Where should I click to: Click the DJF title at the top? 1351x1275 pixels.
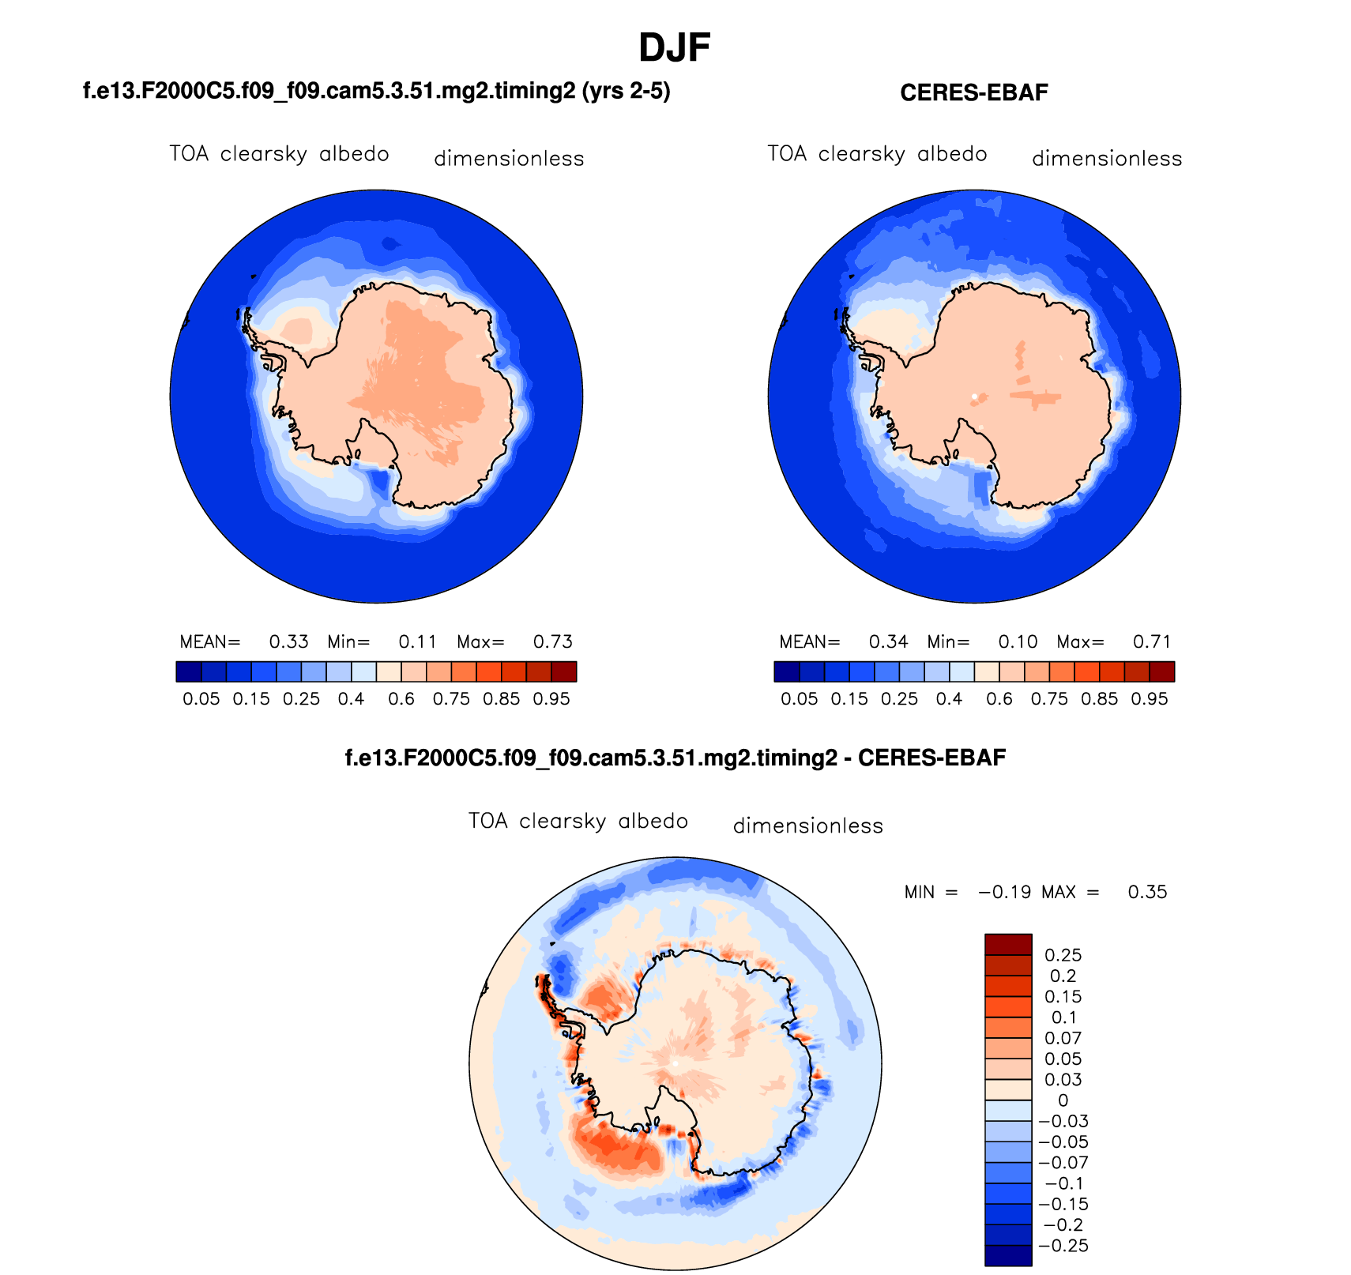[x=674, y=48]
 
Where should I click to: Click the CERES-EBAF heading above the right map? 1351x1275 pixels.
[x=973, y=93]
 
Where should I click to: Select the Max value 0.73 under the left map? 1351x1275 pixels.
[x=552, y=641]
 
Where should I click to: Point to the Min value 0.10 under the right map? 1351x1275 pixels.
[x=1018, y=641]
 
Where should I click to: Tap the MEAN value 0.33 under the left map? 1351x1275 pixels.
[x=288, y=641]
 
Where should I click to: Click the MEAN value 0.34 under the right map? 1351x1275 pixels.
[x=888, y=641]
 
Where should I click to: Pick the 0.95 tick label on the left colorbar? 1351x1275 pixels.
[x=551, y=699]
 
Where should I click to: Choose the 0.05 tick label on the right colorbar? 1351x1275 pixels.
[x=799, y=699]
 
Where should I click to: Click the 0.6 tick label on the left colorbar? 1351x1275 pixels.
[x=401, y=699]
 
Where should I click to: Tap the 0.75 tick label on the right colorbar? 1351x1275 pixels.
[x=1049, y=699]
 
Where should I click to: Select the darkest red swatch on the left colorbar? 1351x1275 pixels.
[x=564, y=671]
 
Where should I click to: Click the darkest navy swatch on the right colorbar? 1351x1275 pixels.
[x=786, y=671]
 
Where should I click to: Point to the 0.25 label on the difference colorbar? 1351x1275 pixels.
[x=1063, y=955]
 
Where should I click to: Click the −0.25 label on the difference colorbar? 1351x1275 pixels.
[x=1063, y=1246]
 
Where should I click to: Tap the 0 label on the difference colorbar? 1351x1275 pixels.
[x=1063, y=1100]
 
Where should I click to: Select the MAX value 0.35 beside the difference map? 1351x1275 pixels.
[x=1147, y=893]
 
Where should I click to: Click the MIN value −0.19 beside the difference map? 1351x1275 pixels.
[x=1004, y=893]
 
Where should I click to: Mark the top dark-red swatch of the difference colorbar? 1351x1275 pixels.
[x=1008, y=944]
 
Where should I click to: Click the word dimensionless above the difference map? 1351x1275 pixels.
[x=807, y=826]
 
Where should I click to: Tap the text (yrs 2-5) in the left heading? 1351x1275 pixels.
[x=626, y=92]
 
